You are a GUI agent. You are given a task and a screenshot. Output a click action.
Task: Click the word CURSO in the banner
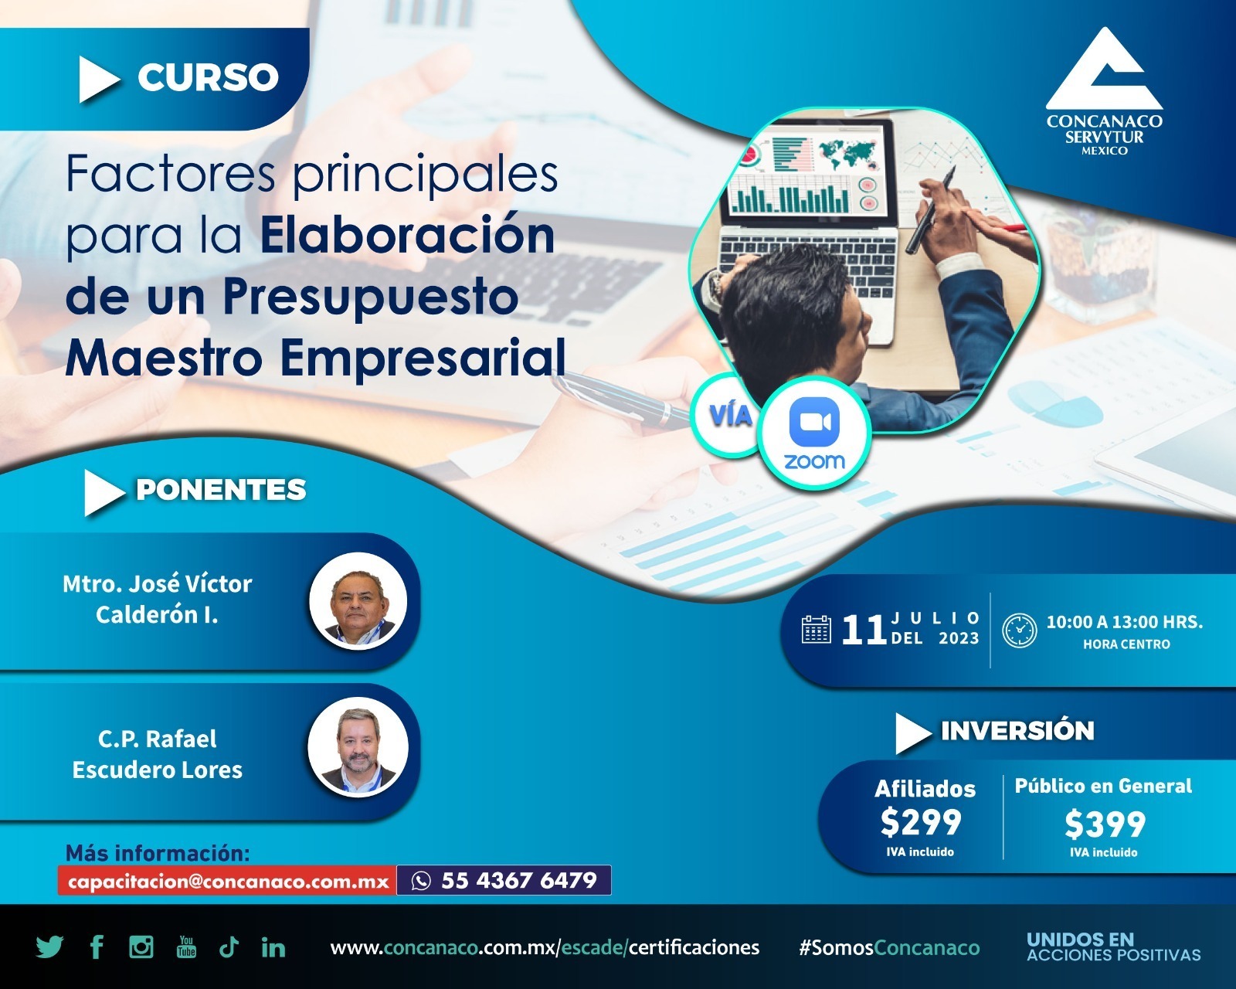coord(208,77)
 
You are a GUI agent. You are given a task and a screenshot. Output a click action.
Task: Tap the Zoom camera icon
coord(814,422)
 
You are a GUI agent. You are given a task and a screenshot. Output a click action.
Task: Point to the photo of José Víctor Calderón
coord(358,601)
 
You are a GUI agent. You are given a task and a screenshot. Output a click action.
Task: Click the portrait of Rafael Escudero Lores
coord(358,747)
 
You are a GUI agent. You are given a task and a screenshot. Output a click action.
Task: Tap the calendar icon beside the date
coord(817,629)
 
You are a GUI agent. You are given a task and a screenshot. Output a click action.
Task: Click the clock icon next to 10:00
coord(1020,630)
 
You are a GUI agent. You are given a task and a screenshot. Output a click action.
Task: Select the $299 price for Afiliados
coord(921,822)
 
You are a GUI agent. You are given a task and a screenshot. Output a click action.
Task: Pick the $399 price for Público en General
coord(1105,824)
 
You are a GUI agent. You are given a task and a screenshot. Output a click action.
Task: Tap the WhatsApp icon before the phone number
coord(421,881)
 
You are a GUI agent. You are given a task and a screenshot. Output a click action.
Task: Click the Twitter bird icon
coord(49,947)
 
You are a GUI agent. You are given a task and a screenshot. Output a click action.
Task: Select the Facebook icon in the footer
coord(97,947)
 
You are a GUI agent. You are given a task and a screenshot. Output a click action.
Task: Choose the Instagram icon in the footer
coord(141,947)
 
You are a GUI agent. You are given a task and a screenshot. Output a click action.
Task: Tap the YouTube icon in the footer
coord(186,947)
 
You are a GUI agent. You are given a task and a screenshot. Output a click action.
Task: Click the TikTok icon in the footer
coord(229,947)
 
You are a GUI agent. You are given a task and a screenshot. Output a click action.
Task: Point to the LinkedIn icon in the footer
coord(273,947)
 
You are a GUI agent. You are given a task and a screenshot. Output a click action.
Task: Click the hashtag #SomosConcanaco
coord(889,947)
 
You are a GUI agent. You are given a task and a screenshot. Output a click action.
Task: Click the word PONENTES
coord(221,490)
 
